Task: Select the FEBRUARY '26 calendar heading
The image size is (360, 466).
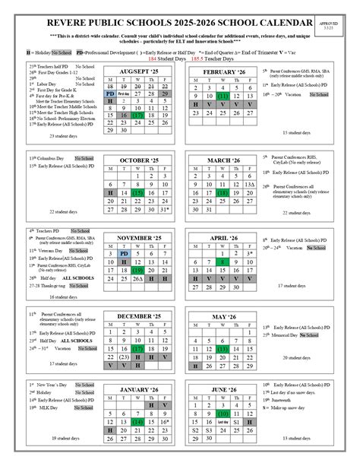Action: point(221,71)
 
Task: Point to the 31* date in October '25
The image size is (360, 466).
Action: point(164,209)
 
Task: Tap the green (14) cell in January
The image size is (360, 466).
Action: point(137,420)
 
